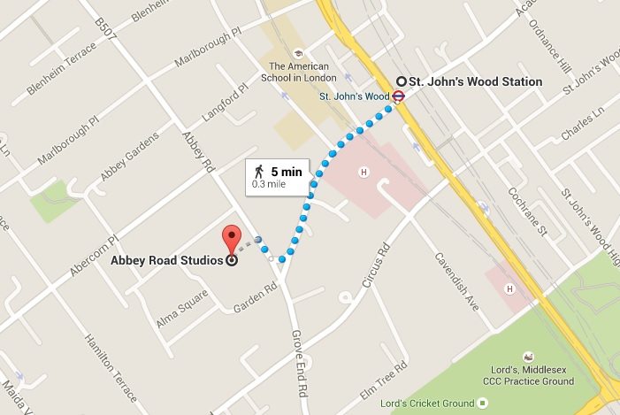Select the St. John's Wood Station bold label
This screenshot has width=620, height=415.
(x=475, y=81)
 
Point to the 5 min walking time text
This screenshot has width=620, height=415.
(x=286, y=171)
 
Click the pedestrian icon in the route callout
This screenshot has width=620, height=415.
(x=258, y=171)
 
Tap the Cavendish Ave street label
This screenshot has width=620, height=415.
(x=457, y=281)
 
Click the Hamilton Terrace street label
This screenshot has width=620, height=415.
(x=111, y=366)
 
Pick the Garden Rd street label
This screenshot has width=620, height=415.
(x=256, y=298)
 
